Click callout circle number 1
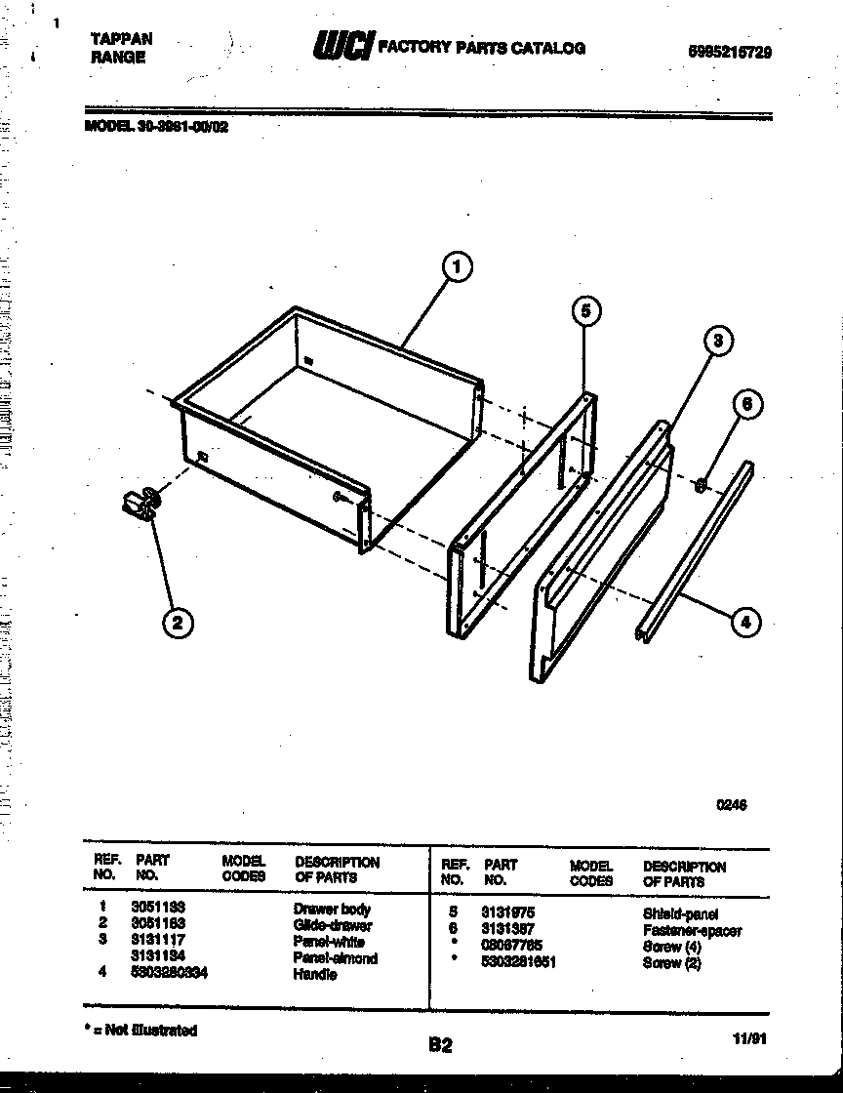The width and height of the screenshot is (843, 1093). pos(457,266)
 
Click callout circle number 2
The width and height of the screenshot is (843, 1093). pos(177,623)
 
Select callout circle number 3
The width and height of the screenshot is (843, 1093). pos(717,341)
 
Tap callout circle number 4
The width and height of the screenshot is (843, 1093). pos(745,622)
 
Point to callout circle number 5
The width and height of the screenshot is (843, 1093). pos(584,311)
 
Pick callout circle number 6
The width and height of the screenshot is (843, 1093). pos(746,405)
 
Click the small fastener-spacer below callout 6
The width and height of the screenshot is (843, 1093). pos(701,485)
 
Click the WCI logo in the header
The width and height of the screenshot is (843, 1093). pos(341,46)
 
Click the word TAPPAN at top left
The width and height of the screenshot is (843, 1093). pos(122,39)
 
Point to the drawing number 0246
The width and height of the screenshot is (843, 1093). pos(731,805)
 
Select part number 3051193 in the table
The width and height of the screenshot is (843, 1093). pos(158,908)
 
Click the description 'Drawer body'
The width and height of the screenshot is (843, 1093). pos(332,909)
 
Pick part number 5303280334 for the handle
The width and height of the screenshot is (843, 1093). pos(168,973)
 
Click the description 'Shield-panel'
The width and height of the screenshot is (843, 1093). pos(680,914)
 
